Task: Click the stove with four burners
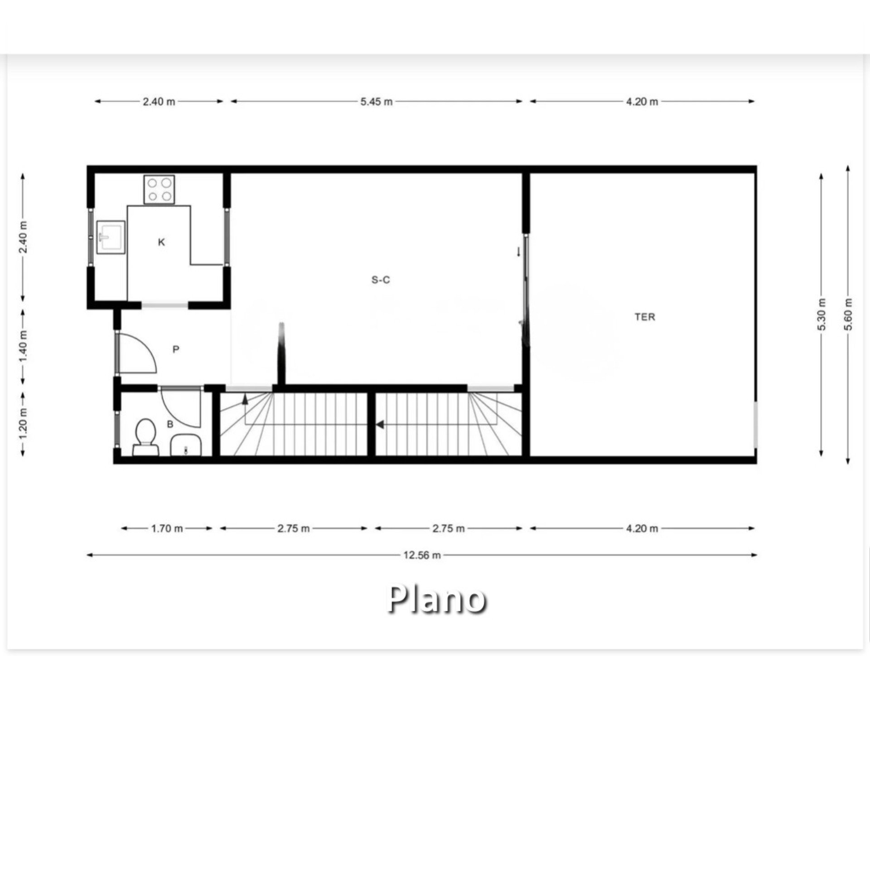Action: click(x=159, y=189)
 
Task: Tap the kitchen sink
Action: click(x=111, y=236)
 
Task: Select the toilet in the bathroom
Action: click(x=145, y=437)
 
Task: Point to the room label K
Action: click(x=161, y=242)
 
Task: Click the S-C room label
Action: click(x=381, y=280)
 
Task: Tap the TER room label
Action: click(x=645, y=317)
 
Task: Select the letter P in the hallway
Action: click(x=176, y=349)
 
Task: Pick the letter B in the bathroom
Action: click(x=170, y=425)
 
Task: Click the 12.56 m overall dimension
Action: click(x=422, y=555)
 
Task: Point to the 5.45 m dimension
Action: click(x=377, y=101)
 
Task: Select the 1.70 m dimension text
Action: click(x=167, y=528)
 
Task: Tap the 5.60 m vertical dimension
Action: click(x=849, y=314)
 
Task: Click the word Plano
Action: click(x=437, y=600)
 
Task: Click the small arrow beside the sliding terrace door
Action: click(x=518, y=252)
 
